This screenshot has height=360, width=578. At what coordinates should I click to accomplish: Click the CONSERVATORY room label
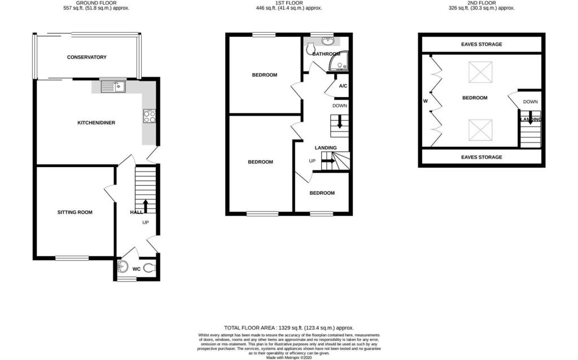click(x=86, y=57)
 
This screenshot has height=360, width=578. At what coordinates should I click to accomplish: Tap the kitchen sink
click(x=113, y=87)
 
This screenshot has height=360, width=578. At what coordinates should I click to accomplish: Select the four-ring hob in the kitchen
click(x=149, y=116)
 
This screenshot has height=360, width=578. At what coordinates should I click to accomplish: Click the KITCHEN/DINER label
click(x=96, y=122)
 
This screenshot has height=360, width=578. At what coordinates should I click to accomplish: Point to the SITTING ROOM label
click(x=75, y=212)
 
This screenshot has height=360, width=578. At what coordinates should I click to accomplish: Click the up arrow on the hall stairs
click(x=145, y=207)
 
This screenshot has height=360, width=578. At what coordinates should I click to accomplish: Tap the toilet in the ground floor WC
click(x=149, y=268)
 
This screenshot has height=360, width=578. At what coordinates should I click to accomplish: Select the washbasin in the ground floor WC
click(x=122, y=266)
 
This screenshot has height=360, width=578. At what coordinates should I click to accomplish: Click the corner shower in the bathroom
click(x=338, y=61)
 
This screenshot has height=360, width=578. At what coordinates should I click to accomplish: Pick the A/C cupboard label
click(x=343, y=86)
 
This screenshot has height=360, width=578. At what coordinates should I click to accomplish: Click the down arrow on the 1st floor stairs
click(x=339, y=122)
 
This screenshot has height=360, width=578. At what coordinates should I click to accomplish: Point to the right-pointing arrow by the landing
click(x=329, y=161)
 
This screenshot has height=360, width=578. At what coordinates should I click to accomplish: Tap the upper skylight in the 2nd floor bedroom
click(x=480, y=72)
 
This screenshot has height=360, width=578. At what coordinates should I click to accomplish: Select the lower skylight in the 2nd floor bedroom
click(x=480, y=130)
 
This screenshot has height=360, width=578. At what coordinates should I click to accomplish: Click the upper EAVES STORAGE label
click(x=481, y=44)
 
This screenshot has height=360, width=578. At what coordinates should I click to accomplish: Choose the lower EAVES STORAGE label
click(x=481, y=157)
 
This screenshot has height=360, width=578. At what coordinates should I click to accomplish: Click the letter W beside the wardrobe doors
click(x=426, y=101)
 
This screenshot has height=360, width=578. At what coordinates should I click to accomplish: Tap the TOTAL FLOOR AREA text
click(x=289, y=328)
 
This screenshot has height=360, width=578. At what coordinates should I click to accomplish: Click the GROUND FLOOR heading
click(x=96, y=3)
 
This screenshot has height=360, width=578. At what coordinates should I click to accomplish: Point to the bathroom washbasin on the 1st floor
click(x=327, y=40)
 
